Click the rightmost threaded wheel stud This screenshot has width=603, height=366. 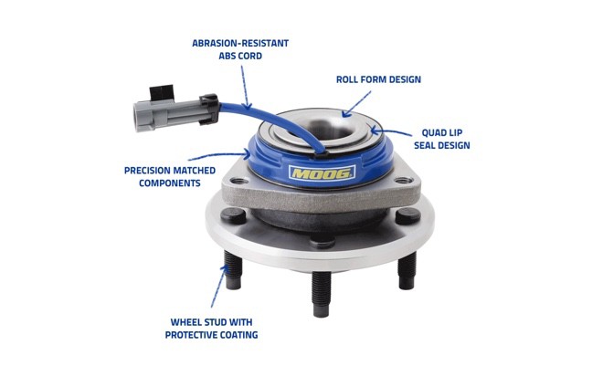pos(407,269)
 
